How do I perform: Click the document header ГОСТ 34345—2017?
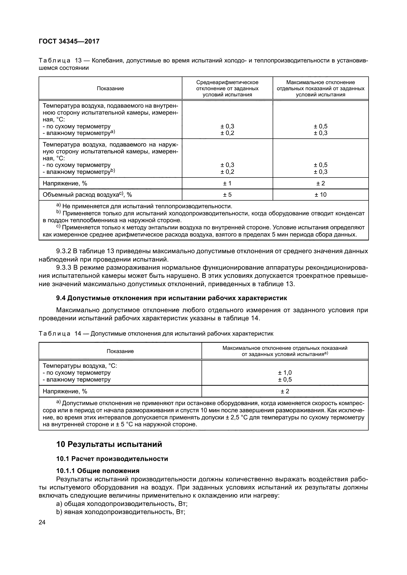pyautogui.click(x=69, y=41)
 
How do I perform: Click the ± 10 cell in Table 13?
pyautogui.click(x=321, y=195)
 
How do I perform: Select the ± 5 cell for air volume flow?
pyautogui.click(x=227, y=195)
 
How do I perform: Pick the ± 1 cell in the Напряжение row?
pyautogui.click(x=227, y=183)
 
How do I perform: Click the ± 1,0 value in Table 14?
pyautogui.click(x=285, y=373)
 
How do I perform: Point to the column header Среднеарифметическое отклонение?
pyautogui.click(x=227, y=88)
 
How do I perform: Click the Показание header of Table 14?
pyautogui.click(x=120, y=351)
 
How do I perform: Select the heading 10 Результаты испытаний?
pyautogui.click(x=109, y=444)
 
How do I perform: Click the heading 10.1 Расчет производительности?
pyautogui.click(x=112, y=459)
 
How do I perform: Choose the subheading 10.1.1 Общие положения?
pyautogui.click(x=98, y=471)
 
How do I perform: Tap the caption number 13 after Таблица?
pyautogui.click(x=78, y=61)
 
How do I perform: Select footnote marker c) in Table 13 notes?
pyautogui.click(x=58, y=227)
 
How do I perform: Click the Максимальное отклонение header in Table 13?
pyautogui.click(x=321, y=88)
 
